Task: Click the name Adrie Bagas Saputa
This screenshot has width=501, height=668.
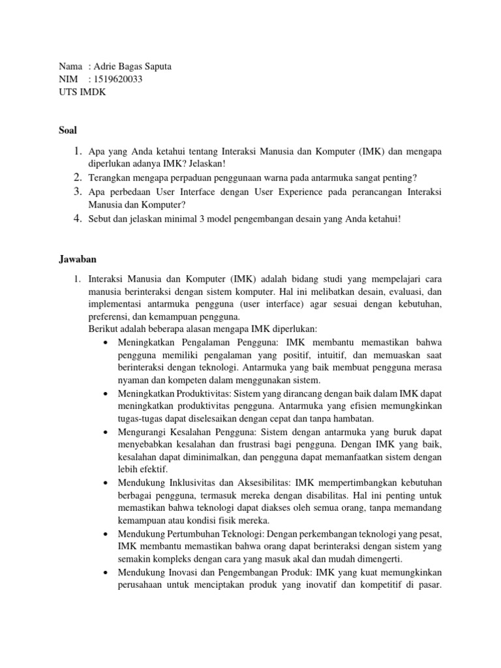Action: [132, 67]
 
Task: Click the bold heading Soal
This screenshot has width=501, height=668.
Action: [68, 130]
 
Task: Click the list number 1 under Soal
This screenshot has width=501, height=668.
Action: [77, 151]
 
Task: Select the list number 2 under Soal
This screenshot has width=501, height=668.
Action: [77, 177]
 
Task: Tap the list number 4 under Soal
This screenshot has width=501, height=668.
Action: [77, 219]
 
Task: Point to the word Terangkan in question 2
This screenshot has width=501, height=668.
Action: [109, 177]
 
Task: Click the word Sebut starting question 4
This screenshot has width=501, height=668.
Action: [100, 219]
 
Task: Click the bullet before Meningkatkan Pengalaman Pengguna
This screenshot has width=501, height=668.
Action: [106, 342]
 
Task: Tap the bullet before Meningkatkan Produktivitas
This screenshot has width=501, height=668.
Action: [106, 394]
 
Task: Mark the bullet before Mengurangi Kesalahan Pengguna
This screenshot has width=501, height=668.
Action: [106, 432]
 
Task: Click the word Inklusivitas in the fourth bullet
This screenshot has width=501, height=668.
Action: [204, 483]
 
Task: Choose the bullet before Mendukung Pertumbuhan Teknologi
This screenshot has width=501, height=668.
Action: [106, 534]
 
